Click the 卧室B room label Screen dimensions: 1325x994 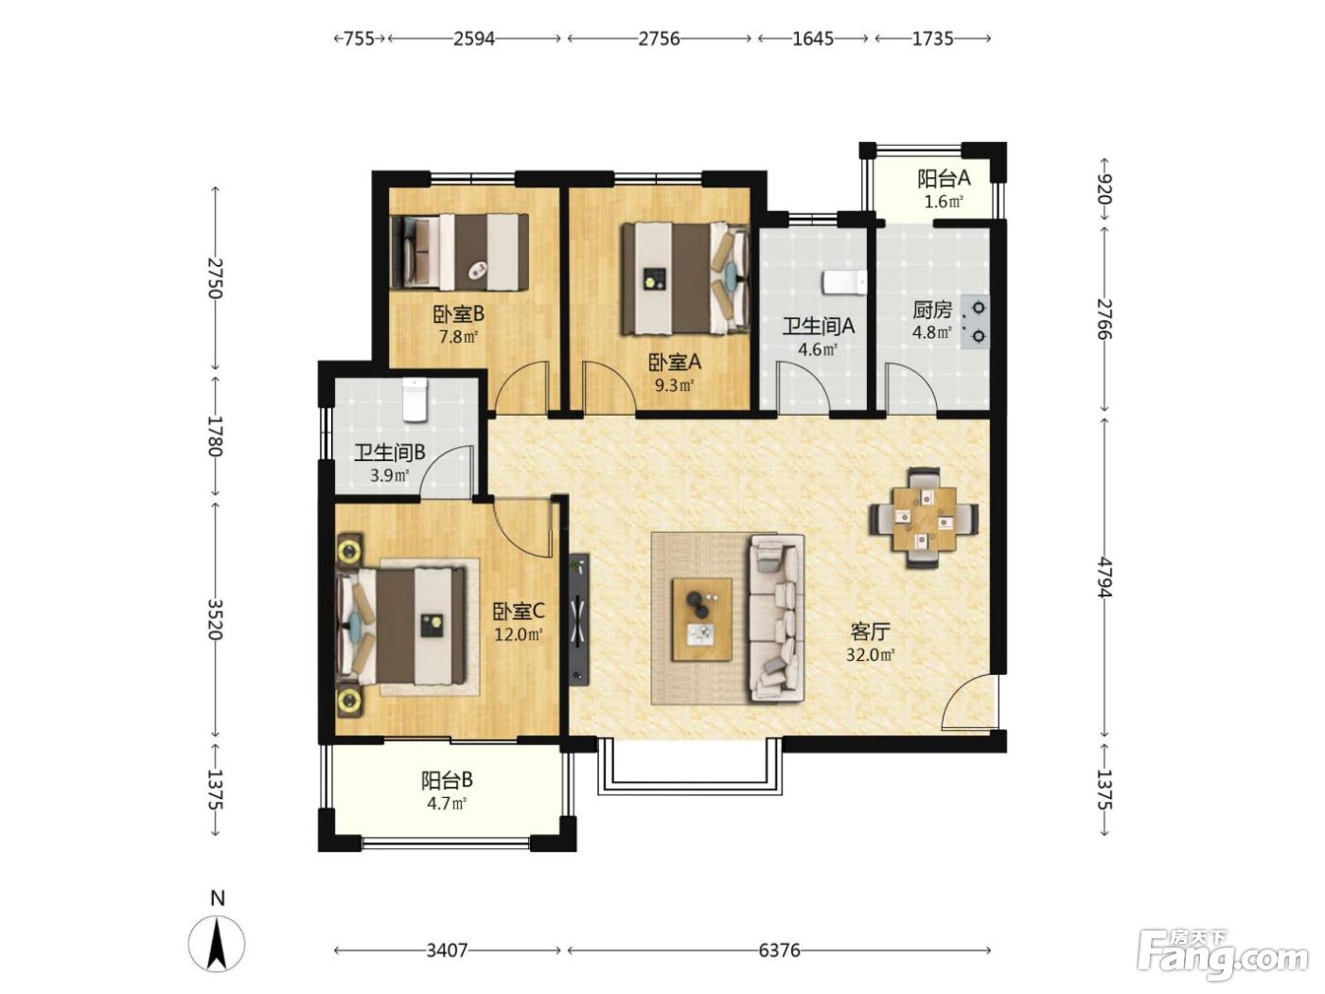pyautogui.click(x=458, y=314)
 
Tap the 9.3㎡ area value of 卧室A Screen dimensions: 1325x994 pyautogui.click(x=674, y=385)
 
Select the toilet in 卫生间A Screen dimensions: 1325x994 pyautogui.click(x=844, y=283)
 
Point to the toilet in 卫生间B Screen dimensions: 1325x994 pyautogui.click(x=415, y=399)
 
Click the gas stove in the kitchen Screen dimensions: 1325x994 pyautogui.click(x=974, y=322)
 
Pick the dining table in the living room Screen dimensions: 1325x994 pyautogui.click(x=924, y=518)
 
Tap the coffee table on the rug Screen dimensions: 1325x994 pyautogui.click(x=702, y=619)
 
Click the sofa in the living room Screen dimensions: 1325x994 pyautogui.click(x=777, y=617)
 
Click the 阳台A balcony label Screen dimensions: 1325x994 pyautogui.click(x=945, y=179)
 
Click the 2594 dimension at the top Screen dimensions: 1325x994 pyautogui.click(x=474, y=39)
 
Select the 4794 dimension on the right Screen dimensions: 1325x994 pyautogui.click(x=1104, y=577)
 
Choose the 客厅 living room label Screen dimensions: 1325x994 pyautogui.click(x=870, y=631)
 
